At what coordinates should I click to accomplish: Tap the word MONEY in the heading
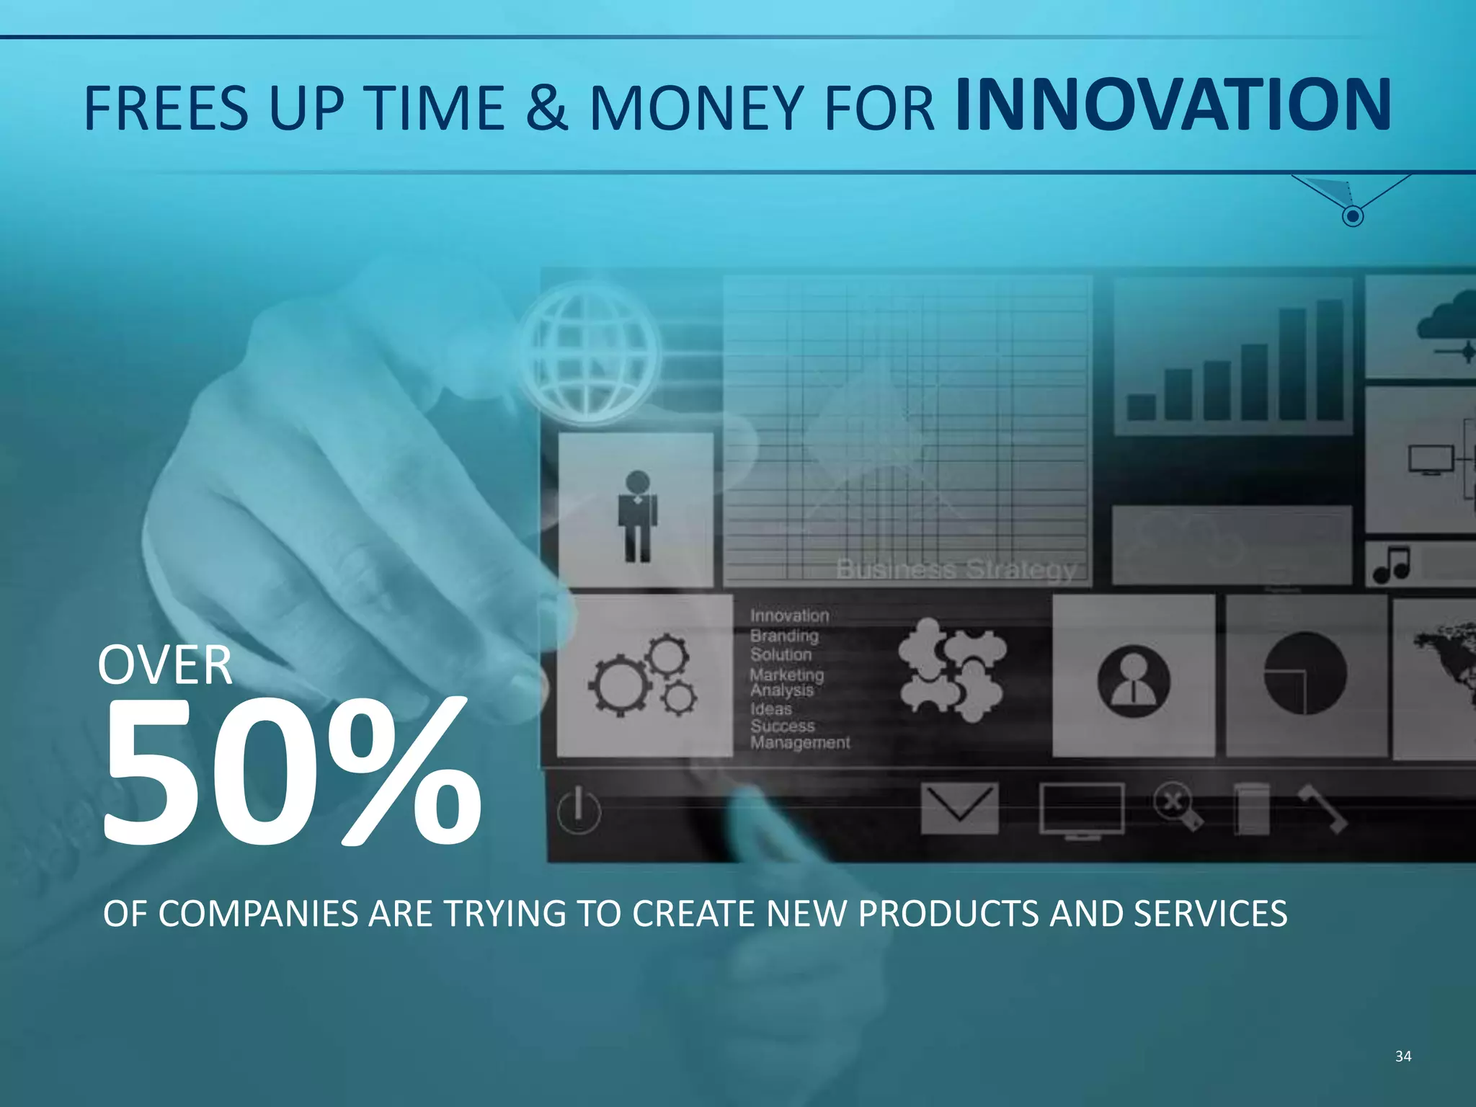coord(696,108)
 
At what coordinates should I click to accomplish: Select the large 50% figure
coord(292,771)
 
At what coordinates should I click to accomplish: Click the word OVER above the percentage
coord(165,666)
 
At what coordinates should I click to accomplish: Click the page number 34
coord(1402,1057)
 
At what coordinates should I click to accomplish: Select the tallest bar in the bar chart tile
coord(1330,360)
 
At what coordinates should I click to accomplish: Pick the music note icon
coord(1392,564)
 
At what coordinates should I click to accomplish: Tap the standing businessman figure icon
coord(637,516)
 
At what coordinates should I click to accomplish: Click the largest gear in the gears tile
coord(621,685)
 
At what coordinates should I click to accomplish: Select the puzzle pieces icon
coord(951,670)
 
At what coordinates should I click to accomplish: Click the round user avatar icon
coord(1133,680)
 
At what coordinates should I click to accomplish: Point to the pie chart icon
coord(1304,673)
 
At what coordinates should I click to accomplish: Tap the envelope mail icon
coord(959,808)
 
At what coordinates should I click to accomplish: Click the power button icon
coord(579,810)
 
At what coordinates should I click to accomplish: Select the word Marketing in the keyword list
coord(786,675)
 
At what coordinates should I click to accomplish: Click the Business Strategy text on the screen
coord(956,569)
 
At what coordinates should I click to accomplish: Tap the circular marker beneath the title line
coord(1353,215)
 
